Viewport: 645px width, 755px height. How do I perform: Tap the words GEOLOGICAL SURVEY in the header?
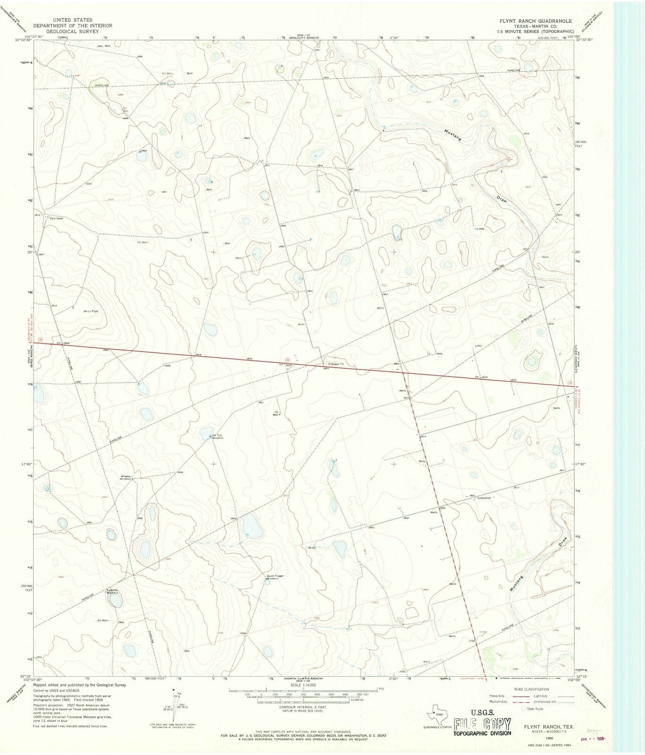click(69, 31)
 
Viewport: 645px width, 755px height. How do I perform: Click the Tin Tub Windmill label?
click(217, 436)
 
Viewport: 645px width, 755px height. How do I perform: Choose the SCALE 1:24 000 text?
click(306, 685)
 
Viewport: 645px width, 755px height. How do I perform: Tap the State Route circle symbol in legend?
click(523, 708)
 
